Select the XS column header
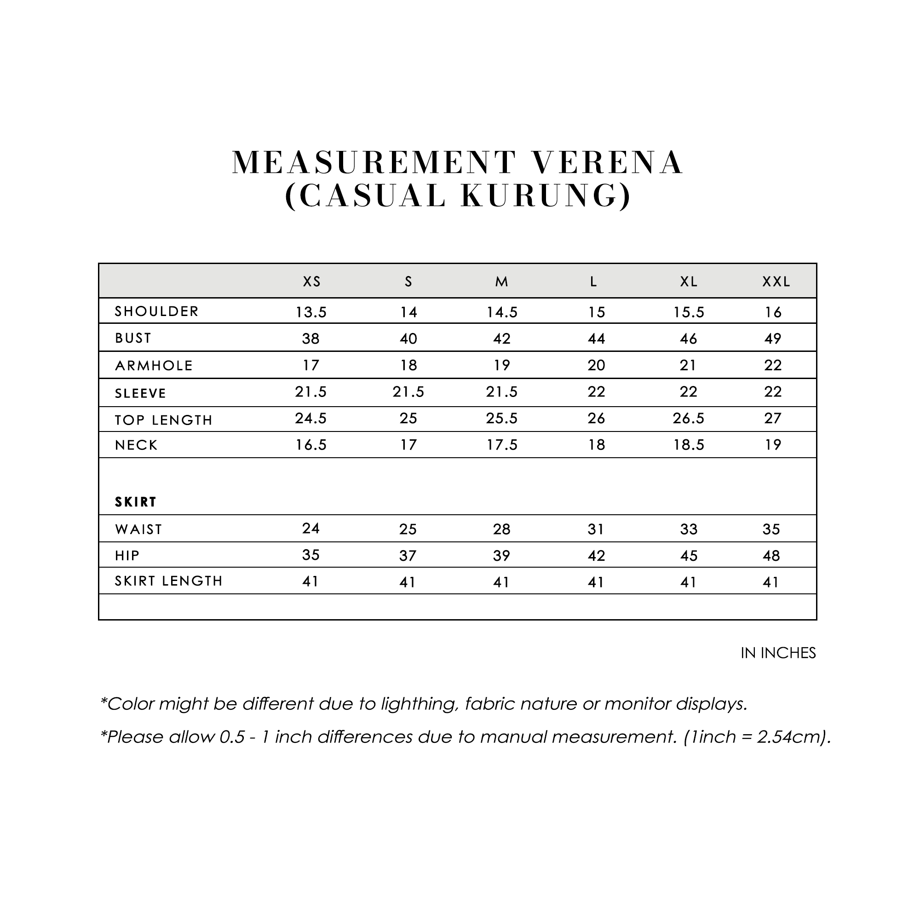point(312,282)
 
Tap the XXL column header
point(776,282)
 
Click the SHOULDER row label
point(157,311)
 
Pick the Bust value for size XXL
point(772,339)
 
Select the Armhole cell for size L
point(596,365)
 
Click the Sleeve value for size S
point(408,392)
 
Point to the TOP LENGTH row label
point(163,420)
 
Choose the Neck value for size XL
point(689,445)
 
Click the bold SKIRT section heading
point(136,502)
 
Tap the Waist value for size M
point(501,529)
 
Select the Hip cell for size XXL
point(771,556)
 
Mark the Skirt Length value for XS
point(310,581)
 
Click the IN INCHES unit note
point(778,653)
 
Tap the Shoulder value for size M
point(502,312)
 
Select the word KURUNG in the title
point(546,195)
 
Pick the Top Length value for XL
point(689,418)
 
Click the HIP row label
point(127,556)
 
